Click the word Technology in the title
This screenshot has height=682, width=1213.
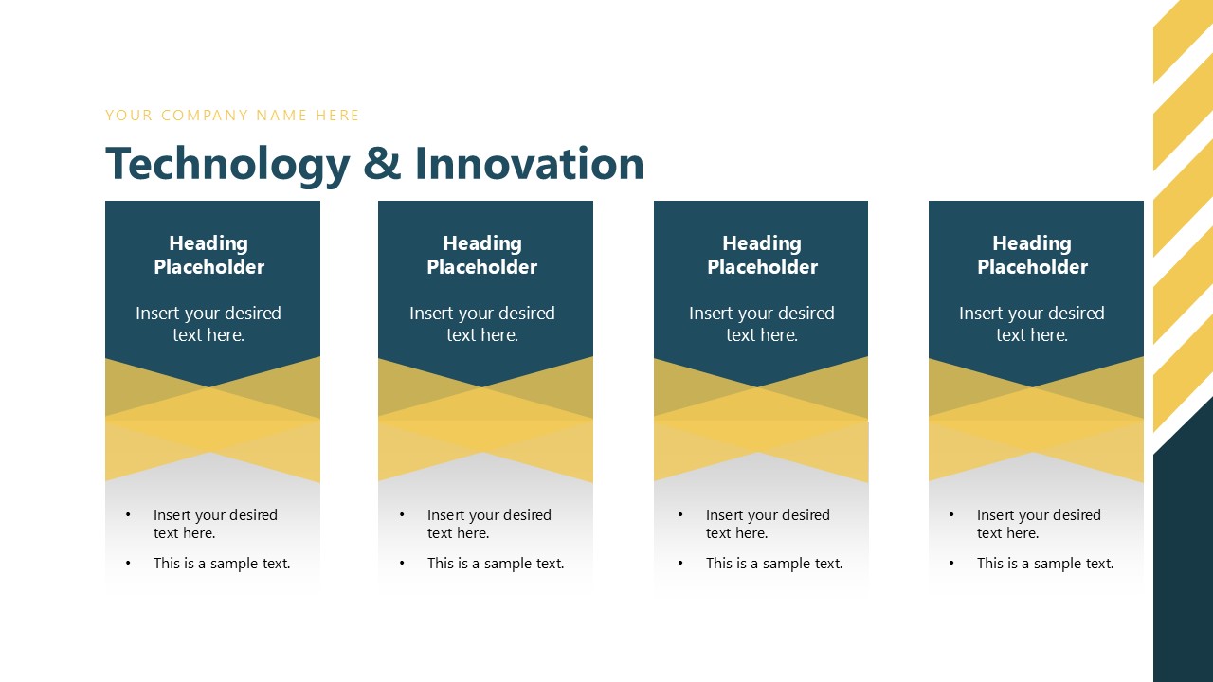[227, 165]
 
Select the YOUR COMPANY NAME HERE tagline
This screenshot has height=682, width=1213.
[232, 116]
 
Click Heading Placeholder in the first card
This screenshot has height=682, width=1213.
[208, 256]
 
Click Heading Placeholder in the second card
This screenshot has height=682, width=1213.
[481, 256]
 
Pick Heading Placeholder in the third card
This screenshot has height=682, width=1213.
[762, 256]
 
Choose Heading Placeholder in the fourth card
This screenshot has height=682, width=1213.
[1032, 256]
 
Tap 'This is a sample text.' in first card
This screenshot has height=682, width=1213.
[222, 564]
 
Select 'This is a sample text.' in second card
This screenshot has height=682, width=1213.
[496, 564]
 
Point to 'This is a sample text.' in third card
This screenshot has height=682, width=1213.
[774, 564]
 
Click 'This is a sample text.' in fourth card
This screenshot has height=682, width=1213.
[1045, 564]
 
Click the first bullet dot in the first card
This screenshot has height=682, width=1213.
[128, 515]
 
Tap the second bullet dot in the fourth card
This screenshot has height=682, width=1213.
[951, 564]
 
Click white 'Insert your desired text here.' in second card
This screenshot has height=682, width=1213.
[481, 324]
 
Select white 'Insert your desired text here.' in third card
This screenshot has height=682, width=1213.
[762, 324]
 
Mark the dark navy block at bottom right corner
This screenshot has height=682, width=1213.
[1183, 568]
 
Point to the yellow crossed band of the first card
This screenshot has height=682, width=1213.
[212, 420]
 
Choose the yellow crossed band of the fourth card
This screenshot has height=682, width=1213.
[1036, 420]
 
